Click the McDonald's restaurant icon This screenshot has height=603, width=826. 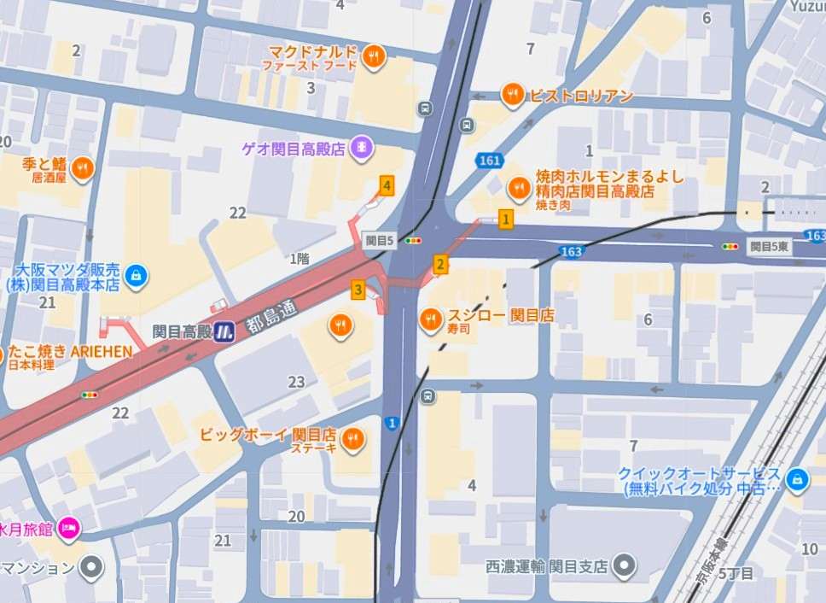click(374, 58)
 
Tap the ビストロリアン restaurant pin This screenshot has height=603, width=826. click(512, 95)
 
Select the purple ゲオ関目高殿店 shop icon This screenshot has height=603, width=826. click(364, 148)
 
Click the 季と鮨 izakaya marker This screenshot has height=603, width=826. click(82, 168)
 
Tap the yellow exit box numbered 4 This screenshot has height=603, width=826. click(387, 185)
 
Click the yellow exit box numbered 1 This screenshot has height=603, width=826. click(506, 220)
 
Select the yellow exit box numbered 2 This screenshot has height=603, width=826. click(440, 265)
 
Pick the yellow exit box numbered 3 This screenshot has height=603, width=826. click(358, 290)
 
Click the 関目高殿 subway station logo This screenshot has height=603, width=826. click(224, 331)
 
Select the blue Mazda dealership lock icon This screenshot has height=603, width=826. click(135, 275)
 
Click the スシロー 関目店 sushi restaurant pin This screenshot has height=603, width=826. click(431, 320)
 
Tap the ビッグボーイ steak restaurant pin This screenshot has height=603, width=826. click(352, 439)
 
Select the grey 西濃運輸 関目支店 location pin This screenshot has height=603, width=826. click(625, 565)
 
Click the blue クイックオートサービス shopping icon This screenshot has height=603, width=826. click(797, 480)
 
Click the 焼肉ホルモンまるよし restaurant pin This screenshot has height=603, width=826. click(519, 188)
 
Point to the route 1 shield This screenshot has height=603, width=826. click(392, 423)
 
